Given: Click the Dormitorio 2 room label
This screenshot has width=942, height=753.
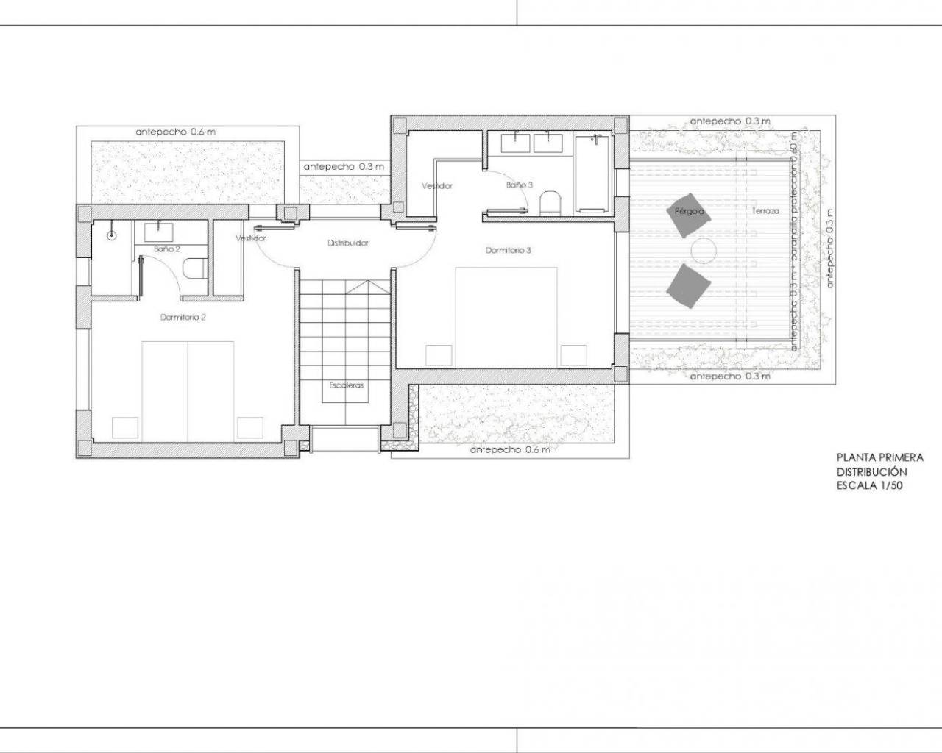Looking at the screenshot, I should [183, 318].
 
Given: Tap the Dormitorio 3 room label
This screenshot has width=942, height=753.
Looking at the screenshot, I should [508, 250].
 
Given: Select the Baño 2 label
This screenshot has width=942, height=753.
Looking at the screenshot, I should [167, 249].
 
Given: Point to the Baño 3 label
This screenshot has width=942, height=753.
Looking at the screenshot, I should [519, 185].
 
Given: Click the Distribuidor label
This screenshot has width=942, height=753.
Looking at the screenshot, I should [348, 243].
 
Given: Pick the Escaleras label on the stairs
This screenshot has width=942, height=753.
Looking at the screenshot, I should [346, 385].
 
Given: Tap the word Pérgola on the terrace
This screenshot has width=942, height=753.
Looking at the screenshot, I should [690, 211].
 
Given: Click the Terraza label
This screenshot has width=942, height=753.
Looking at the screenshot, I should [765, 211].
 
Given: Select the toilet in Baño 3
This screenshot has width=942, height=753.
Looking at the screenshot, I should [550, 203].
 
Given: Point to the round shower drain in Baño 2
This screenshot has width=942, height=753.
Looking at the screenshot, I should [111, 235].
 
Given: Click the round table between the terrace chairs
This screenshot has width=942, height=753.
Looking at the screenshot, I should [702, 251].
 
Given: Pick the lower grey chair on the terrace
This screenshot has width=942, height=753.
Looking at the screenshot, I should [688, 286].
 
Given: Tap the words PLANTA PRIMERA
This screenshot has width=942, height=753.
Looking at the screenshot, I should [879, 457].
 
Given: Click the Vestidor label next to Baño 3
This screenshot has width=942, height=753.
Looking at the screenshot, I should [436, 186].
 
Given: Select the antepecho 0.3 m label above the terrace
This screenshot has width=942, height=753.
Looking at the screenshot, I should [730, 121].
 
